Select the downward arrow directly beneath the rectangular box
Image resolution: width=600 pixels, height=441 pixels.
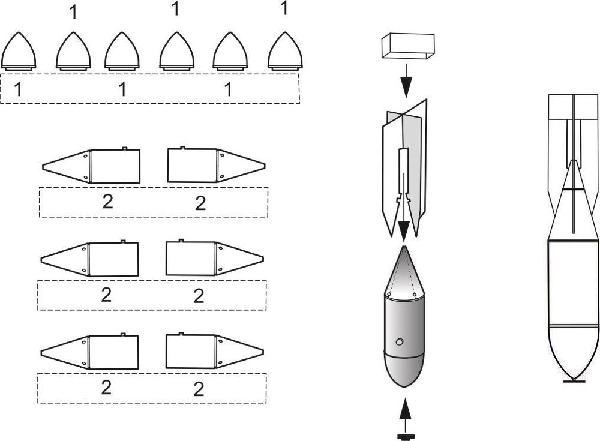(406, 81)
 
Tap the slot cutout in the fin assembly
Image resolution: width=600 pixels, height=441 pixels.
(404, 174)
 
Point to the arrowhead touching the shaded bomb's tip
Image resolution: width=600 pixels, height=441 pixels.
(404, 229)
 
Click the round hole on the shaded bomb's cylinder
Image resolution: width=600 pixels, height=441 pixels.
(399, 342)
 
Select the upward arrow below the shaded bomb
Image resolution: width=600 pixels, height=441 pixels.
(406, 414)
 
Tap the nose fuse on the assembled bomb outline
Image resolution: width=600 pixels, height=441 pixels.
(574, 380)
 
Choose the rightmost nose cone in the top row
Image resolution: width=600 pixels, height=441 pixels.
(285, 52)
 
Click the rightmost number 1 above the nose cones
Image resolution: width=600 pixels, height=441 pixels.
(284, 8)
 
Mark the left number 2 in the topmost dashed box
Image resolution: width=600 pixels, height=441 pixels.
(107, 202)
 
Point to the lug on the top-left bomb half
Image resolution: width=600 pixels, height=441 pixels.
(124, 148)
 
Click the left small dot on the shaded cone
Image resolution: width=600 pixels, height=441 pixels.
(388, 295)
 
